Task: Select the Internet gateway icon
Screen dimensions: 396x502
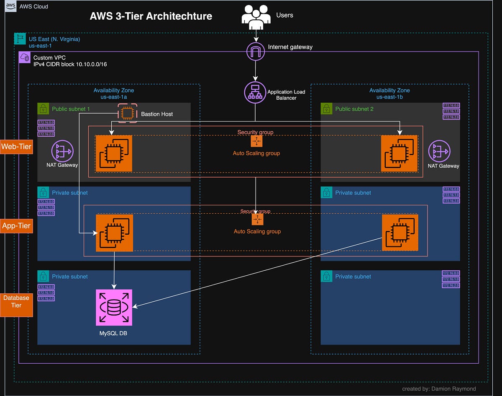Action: click(255, 52)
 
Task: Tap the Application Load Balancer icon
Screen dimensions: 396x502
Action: click(255, 92)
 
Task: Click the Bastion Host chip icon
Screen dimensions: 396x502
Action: click(127, 113)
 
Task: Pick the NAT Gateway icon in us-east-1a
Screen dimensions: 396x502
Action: click(62, 150)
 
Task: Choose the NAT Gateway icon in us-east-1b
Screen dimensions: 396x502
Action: click(439, 150)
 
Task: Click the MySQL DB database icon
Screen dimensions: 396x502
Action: click(114, 307)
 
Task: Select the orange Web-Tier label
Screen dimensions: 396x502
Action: click(17, 146)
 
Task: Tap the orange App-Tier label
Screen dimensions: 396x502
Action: click(17, 226)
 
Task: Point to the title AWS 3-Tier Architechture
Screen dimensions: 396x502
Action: click(151, 16)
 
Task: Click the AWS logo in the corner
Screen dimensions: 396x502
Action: click(10, 6)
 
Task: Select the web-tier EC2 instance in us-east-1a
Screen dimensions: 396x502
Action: click(114, 153)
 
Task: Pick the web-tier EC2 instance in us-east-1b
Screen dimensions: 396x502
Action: click(399, 153)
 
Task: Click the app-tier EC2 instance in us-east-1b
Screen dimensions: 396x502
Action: click(400, 233)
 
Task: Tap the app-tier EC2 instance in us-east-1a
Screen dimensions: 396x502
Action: click(114, 233)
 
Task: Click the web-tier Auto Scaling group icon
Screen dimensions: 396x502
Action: click(256, 141)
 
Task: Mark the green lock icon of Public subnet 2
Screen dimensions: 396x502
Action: click(326, 109)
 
